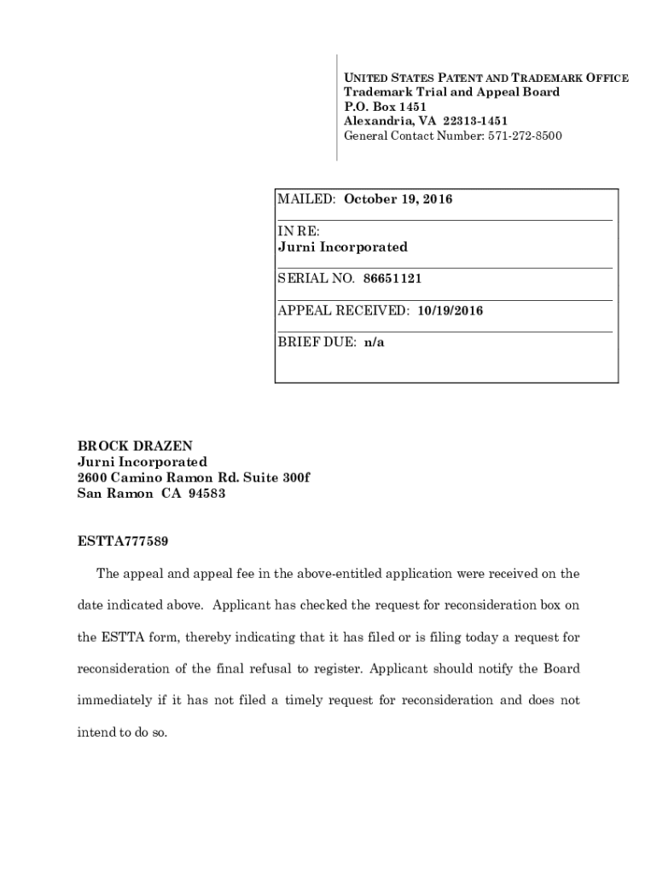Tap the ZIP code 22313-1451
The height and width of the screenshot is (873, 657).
tap(474, 121)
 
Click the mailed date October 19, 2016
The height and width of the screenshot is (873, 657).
tap(398, 199)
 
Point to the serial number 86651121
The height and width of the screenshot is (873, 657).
tap(392, 279)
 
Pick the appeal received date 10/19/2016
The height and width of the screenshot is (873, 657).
tap(451, 311)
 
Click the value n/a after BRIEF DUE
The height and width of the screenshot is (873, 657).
tap(375, 343)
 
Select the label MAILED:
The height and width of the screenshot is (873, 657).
tap(307, 199)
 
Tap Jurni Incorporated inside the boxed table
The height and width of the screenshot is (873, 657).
tap(343, 247)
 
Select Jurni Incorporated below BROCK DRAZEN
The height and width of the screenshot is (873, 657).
tap(142, 461)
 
